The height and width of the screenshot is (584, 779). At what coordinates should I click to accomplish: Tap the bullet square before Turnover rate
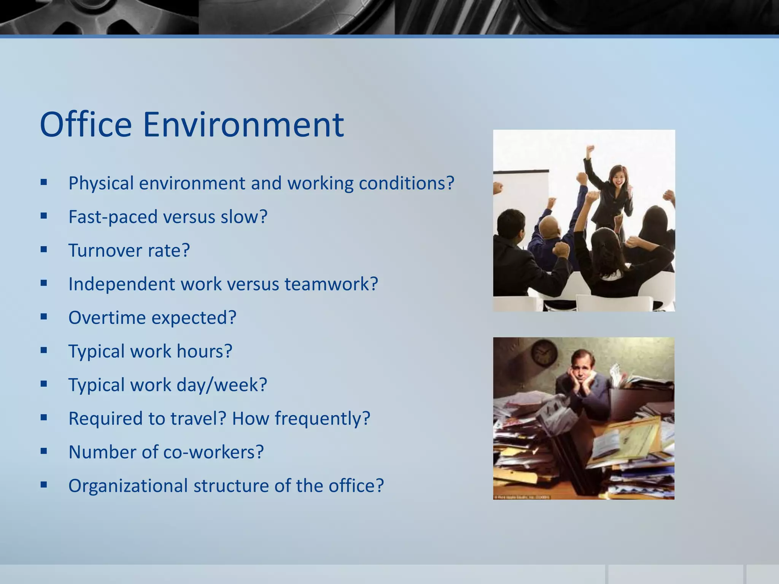(x=44, y=249)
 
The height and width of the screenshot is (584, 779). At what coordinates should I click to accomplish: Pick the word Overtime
(x=107, y=317)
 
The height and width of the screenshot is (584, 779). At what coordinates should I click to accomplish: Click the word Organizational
(x=128, y=486)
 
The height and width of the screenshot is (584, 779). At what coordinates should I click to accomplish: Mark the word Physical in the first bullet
(x=101, y=183)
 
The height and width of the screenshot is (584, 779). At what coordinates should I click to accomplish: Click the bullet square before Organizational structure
(x=44, y=485)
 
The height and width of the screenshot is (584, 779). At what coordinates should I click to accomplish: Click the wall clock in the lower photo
(x=544, y=352)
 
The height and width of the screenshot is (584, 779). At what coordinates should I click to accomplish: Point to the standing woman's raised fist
(x=590, y=149)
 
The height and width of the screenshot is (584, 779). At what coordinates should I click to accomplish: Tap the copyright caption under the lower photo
(x=522, y=497)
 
